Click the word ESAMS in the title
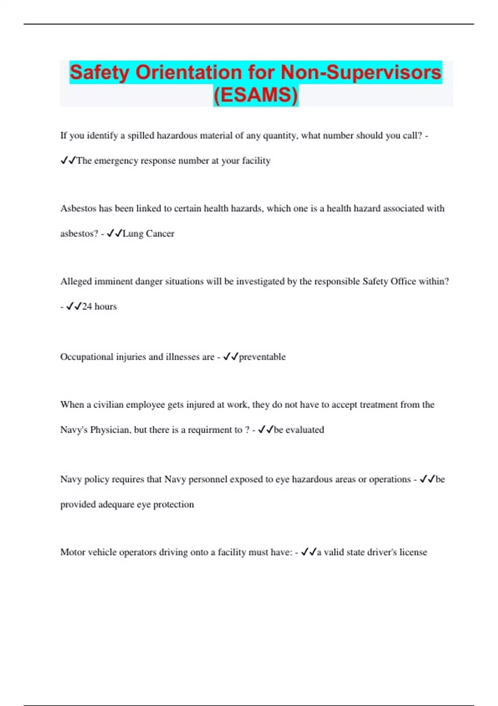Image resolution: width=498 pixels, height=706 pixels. (x=256, y=95)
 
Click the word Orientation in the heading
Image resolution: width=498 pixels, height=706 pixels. (x=189, y=72)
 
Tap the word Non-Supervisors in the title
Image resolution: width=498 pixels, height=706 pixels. (x=361, y=72)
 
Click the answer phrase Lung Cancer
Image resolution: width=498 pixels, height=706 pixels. (x=148, y=233)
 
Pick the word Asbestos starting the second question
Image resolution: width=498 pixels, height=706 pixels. (x=78, y=208)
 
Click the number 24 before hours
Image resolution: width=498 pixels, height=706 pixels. (x=87, y=306)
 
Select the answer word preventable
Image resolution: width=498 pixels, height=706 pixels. (x=262, y=357)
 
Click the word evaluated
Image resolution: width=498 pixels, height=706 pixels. (x=305, y=430)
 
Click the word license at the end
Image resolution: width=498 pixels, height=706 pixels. (x=413, y=552)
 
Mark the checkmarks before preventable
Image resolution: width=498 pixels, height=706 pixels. (x=230, y=357)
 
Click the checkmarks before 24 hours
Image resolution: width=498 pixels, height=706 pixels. (x=73, y=306)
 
